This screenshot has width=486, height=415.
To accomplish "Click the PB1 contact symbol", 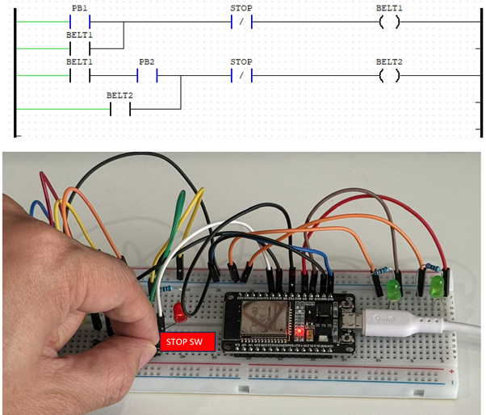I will [x=80, y=21].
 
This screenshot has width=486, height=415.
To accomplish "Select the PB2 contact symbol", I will [x=146, y=76].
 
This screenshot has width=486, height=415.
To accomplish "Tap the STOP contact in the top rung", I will [x=241, y=21].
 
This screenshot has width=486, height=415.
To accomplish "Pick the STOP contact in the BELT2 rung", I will [x=241, y=76].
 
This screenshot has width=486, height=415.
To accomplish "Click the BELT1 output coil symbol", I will [x=389, y=21].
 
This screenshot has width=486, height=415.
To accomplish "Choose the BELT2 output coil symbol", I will [x=389, y=76].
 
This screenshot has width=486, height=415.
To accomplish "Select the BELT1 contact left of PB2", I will [x=80, y=76].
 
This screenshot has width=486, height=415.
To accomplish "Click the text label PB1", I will [x=80, y=7].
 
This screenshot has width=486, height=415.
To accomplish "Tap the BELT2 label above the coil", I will [x=389, y=61].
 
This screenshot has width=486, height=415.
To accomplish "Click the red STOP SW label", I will [x=188, y=342].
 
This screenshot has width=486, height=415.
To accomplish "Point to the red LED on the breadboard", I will [x=179, y=314].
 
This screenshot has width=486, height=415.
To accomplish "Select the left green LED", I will [x=395, y=288].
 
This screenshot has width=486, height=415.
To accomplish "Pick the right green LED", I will [x=437, y=284].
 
